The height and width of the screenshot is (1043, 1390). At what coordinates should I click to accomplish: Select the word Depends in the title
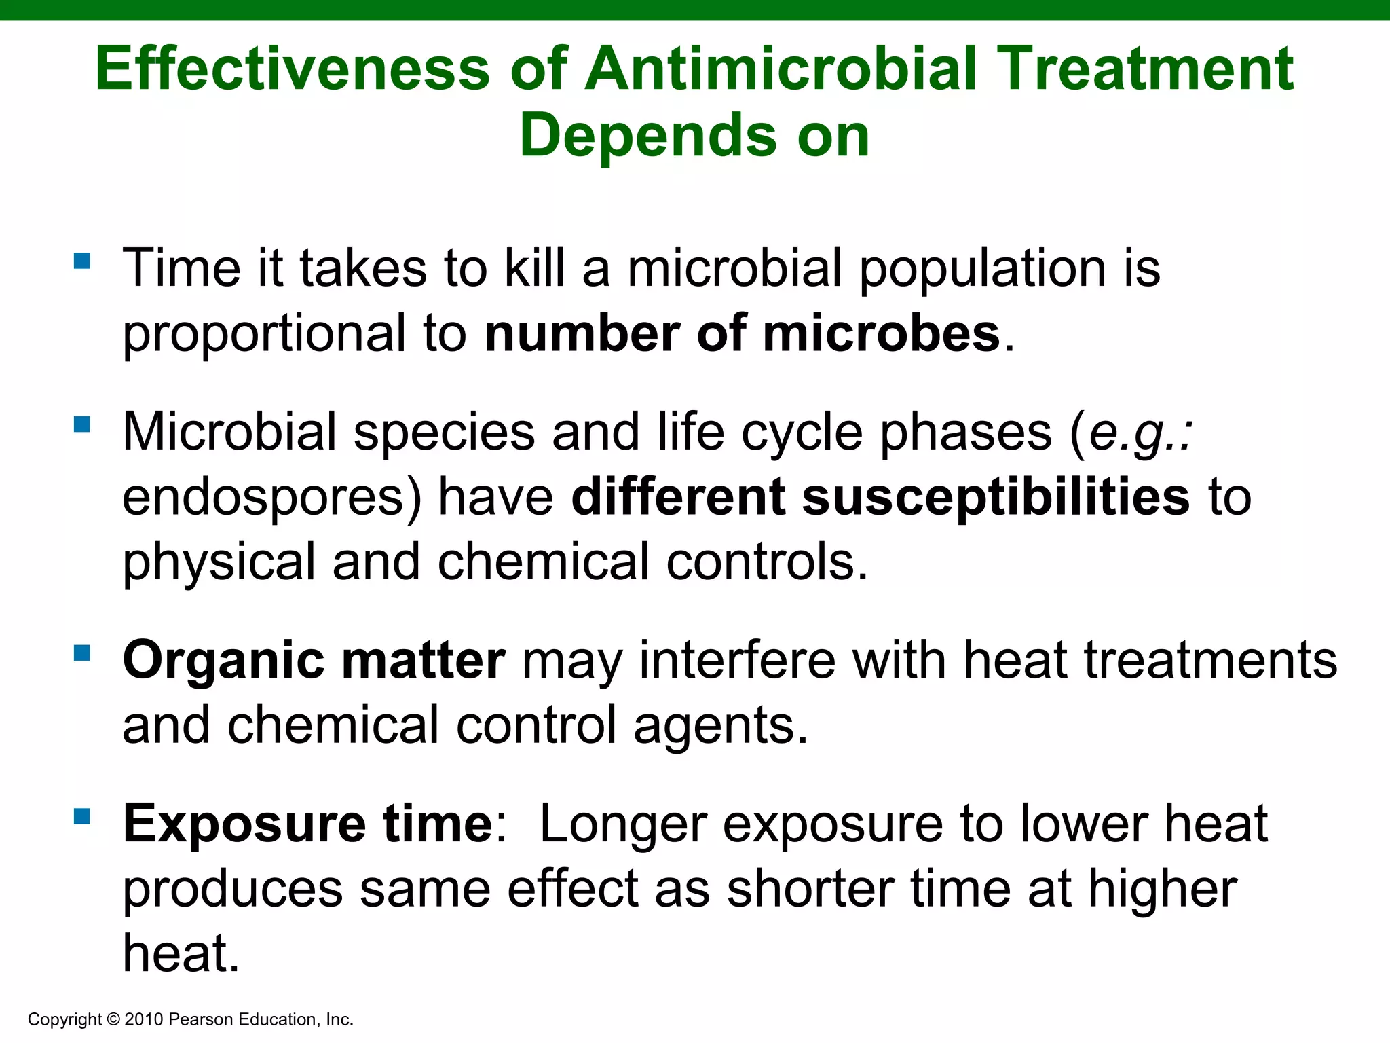(648, 136)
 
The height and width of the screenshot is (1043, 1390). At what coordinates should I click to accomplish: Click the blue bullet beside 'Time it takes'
(82, 261)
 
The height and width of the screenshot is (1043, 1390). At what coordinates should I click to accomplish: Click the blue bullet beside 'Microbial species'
(82, 424)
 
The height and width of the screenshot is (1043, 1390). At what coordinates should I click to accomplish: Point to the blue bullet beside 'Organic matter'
(82, 653)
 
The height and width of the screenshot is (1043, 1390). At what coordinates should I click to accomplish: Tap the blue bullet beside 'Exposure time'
(82, 816)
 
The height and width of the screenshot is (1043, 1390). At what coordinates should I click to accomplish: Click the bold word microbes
(882, 334)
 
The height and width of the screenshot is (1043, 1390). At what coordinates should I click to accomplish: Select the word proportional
(264, 334)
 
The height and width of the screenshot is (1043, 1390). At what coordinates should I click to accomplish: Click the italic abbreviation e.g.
(1138, 433)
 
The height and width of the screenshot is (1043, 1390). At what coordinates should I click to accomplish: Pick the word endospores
(271, 497)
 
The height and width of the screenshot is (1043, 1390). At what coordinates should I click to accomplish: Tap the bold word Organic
(223, 661)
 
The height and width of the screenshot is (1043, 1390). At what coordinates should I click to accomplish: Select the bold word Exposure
(245, 824)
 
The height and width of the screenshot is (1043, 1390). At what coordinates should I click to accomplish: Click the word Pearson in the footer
(198, 1019)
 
